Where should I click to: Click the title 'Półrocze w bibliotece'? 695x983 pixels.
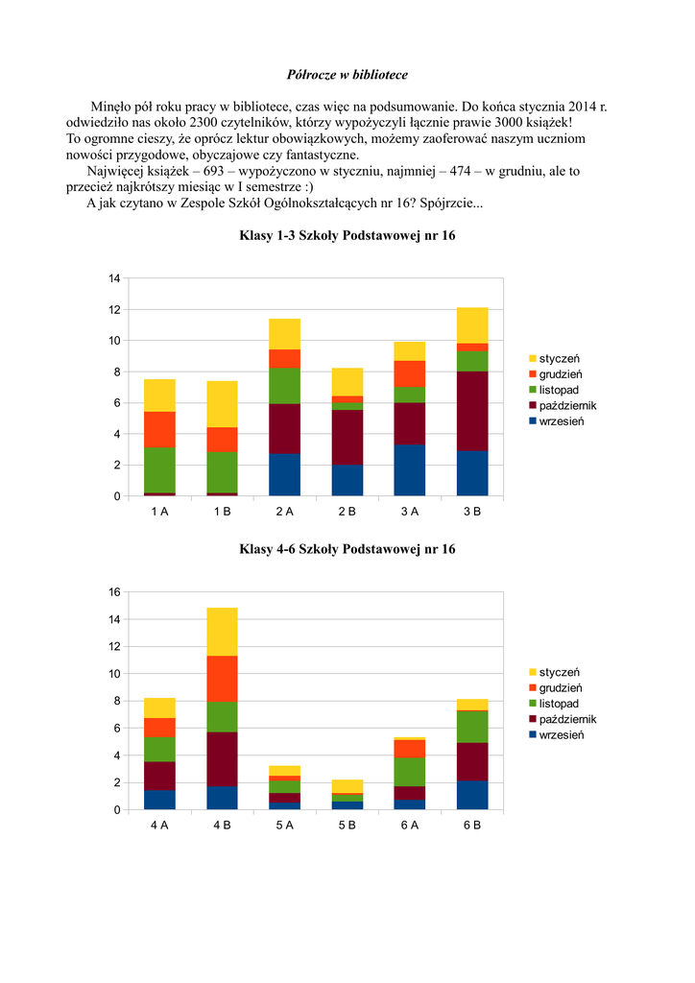pyautogui.click(x=347, y=74)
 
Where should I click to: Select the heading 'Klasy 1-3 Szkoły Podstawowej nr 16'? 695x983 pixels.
pyautogui.click(x=347, y=235)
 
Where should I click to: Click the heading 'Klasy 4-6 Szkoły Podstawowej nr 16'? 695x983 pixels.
pyautogui.click(x=347, y=549)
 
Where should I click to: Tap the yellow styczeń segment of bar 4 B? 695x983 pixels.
pyautogui.click(x=222, y=632)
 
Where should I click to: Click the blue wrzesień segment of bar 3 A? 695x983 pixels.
pyautogui.click(x=410, y=470)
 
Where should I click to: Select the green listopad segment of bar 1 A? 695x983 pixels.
pyautogui.click(x=159, y=470)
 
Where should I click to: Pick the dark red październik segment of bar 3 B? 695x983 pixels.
pyautogui.click(x=472, y=411)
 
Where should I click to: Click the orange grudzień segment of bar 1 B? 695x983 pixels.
pyautogui.click(x=222, y=440)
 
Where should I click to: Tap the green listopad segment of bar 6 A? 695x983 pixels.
pyautogui.click(x=410, y=772)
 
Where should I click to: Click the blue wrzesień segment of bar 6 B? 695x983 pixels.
pyautogui.click(x=472, y=796)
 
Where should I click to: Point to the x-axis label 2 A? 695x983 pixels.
pyautogui.click(x=285, y=512)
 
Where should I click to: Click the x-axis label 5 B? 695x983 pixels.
pyautogui.click(x=347, y=826)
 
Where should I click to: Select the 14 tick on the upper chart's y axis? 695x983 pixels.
pyautogui.click(x=114, y=278)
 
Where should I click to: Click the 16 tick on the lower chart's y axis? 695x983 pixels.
pyautogui.click(x=114, y=592)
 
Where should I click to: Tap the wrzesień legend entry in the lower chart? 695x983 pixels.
pyautogui.click(x=562, y=735)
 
